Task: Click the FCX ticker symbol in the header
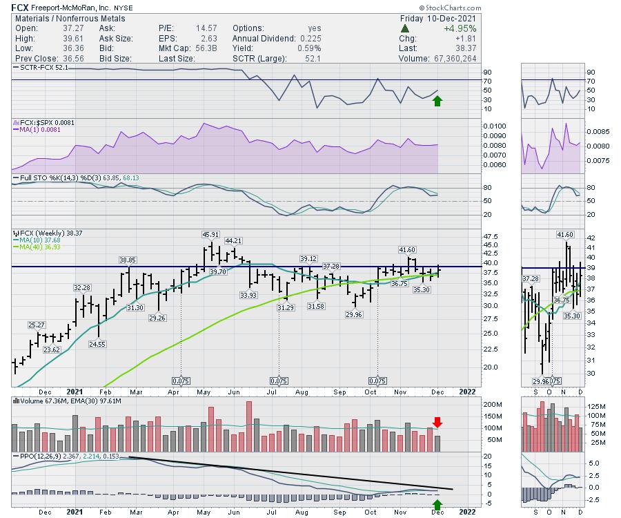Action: point(19,7)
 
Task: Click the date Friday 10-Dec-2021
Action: point(439,18)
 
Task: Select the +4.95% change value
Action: point(459,28)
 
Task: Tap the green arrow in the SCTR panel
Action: point(437,101)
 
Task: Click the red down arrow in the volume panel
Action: point(437,422)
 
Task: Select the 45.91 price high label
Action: point(210,235)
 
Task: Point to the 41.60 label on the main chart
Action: point(406,249)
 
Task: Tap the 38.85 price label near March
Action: point(128,260)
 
